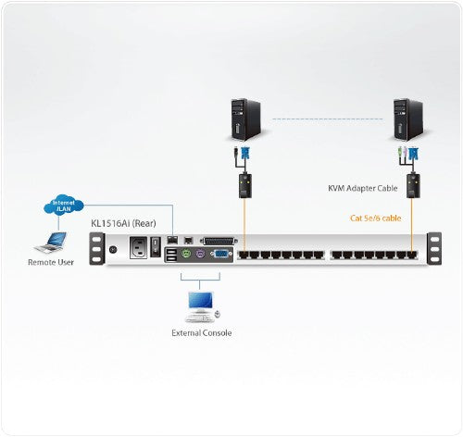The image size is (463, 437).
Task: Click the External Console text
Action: point(202,331)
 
